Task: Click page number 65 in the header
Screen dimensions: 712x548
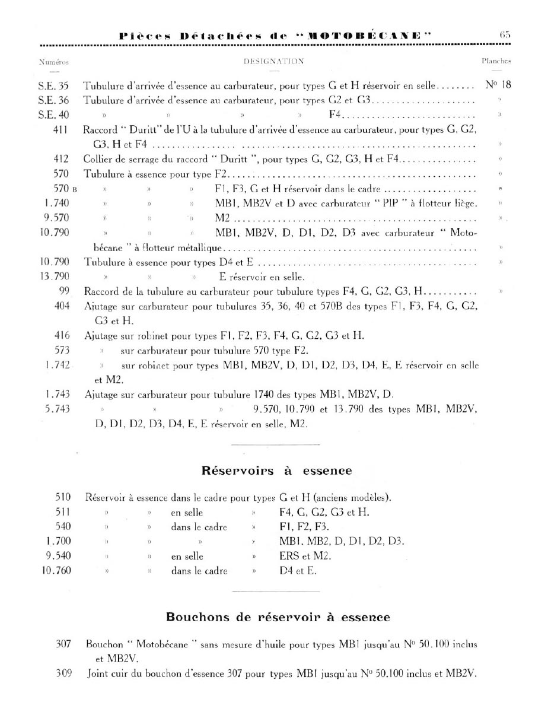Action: point(505,35)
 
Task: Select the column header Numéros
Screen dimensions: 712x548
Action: point(53,61)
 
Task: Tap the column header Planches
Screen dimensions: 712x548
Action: point(496,61)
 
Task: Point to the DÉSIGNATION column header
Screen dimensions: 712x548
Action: point(274,61)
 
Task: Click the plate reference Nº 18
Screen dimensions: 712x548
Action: point(498,84)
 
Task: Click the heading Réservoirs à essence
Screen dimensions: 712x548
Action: point(277,471)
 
